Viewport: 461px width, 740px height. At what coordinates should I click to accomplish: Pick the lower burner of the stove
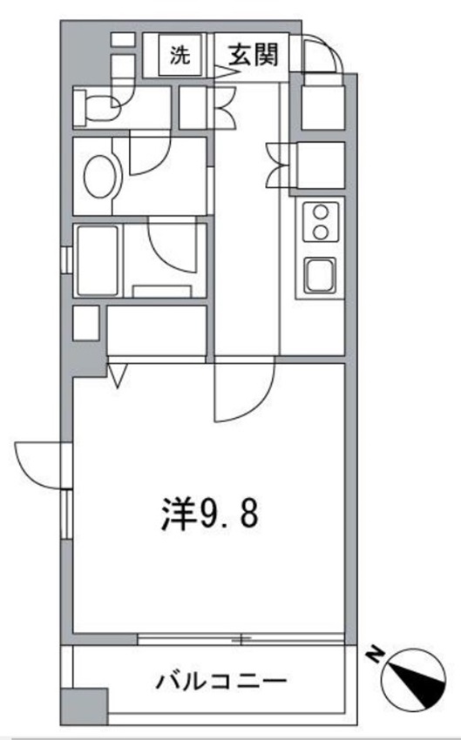pos(320,232)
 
